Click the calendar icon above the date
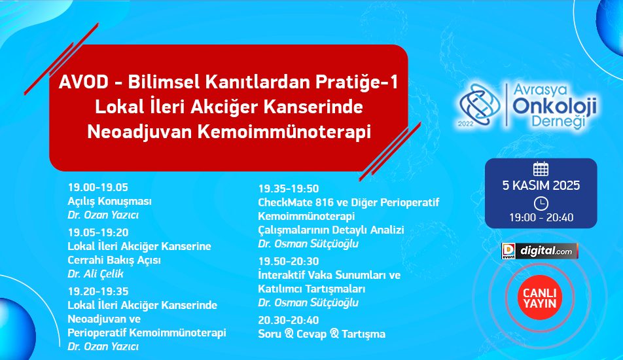click(541, 170)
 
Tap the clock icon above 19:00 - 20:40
click(541, 204)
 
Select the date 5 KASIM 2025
click(541, 185)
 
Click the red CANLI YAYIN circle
click(539, 298)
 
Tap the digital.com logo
click(539, 251)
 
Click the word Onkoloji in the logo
click(555, 105)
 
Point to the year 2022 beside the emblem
click(466, 124)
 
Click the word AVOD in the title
click(84, 82)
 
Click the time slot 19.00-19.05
click(98, 187)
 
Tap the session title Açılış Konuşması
click(110, 201)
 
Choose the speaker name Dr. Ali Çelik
click(96, 274)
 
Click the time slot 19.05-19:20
click(98, 232)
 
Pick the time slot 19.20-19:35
click(98, 291)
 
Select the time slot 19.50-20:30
click(289, 261)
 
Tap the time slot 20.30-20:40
click(289, 320)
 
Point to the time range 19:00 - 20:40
click(541, 217)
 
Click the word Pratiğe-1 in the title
click(357, 82)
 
